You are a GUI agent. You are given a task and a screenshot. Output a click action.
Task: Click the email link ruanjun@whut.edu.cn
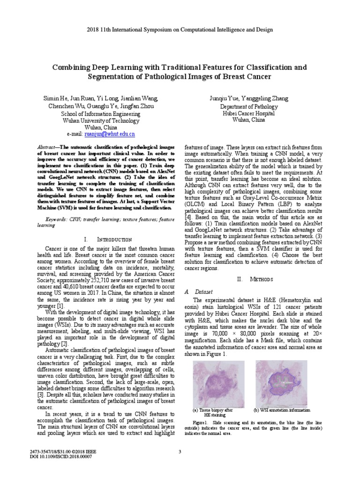110,134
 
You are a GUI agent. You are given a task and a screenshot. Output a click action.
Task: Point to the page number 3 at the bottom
180,451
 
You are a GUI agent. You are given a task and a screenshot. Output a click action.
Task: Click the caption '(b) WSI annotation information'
281,410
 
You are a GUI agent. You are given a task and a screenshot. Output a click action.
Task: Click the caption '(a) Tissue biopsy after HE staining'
214,412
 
